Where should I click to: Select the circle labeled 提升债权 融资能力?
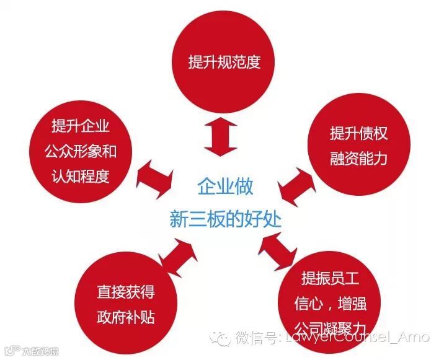[358, 146]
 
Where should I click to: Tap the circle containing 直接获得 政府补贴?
[125, 304]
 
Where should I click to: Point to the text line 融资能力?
[358, 158]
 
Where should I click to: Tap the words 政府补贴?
[125, 317]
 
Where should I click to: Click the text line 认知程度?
[81, 176]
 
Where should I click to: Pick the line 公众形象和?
[81, 152]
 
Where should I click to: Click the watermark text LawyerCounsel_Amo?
[354, 338]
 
